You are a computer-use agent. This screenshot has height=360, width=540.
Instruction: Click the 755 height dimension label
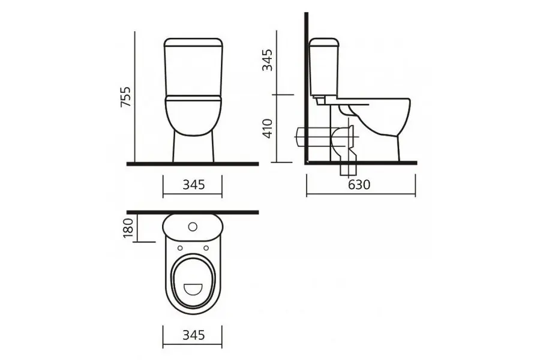(127, 97)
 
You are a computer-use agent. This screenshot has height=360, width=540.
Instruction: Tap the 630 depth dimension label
(359, 185)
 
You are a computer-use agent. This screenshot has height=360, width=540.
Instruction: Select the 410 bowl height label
(267, 128)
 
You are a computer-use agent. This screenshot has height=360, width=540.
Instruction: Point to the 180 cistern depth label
(128, 228)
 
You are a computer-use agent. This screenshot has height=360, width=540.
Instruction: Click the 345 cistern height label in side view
(267, 60)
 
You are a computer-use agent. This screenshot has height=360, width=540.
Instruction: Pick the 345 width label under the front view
(194, 185)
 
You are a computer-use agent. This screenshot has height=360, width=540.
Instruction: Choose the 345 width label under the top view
(194, 335)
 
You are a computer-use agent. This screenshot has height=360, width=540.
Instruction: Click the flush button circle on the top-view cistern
(193, 227)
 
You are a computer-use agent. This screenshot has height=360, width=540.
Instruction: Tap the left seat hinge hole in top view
(180, 248)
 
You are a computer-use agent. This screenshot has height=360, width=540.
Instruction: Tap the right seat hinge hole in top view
(206, 248)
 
